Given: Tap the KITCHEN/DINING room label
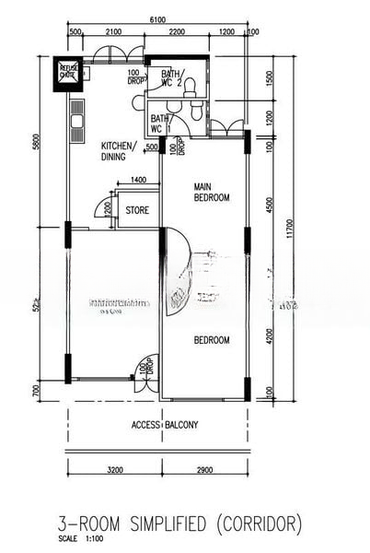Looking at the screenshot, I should tap(119, 151).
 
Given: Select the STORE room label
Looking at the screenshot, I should tap(137, 210).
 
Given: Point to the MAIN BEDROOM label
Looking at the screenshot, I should tap(211, 192).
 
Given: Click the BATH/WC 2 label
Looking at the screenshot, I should tap(171, 78).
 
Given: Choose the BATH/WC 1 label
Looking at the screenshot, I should tap(161, 123).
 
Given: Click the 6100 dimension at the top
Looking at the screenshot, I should tap(158, 20).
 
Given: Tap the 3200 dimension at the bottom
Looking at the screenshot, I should tap(114, 470).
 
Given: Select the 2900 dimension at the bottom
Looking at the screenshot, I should tap(204, 470).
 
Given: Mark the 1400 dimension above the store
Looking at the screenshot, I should tap(139, 181).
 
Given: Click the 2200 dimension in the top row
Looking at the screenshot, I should tap(178, 32).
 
